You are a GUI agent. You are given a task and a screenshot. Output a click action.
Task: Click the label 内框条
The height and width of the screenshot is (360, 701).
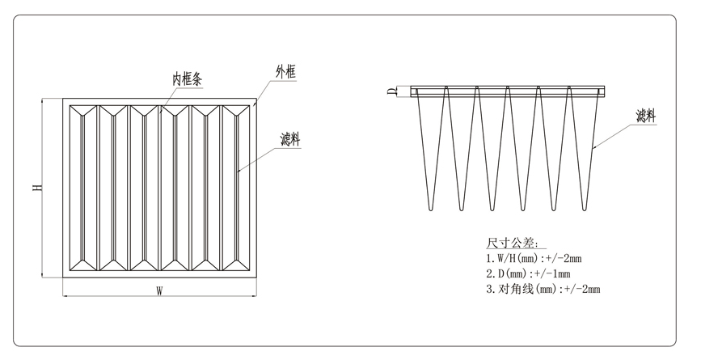click(x=191, y=79)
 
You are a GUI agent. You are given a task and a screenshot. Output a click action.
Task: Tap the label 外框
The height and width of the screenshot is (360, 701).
click(x=285, y=73)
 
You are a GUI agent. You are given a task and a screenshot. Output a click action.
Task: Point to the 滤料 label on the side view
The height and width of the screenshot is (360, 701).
click(x=645, y=116)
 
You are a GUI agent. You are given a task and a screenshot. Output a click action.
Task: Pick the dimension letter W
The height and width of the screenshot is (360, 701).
click(x=160, y=292)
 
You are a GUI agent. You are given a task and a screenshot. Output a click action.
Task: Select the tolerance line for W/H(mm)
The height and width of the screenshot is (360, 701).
click(x=534, y=258)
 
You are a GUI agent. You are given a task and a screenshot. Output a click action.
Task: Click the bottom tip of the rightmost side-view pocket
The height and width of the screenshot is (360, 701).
click(x=586, y=210)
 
